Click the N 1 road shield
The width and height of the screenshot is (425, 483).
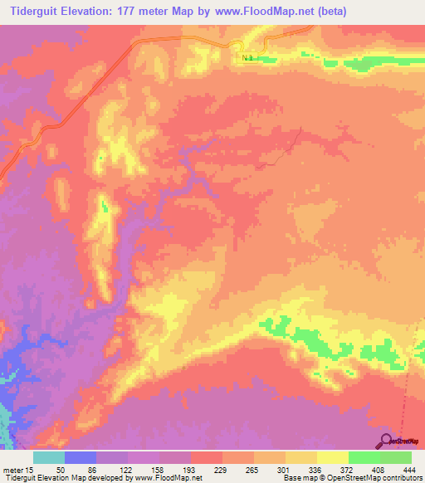(248, 57)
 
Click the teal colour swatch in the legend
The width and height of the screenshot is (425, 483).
(49, 458)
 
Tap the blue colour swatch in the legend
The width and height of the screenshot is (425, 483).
(81, 458)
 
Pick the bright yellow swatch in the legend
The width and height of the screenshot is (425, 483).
(332, 458)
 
